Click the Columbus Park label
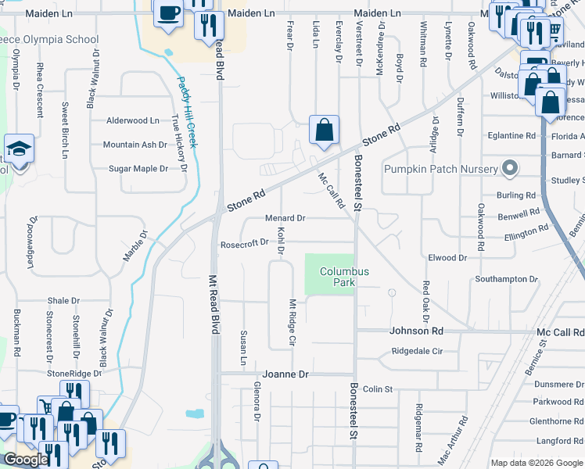pyautogui.click(x=344, y=277)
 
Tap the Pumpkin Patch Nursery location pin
pyautogui.click(x=511, y=168)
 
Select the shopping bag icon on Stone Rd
pyautogui.click(x=324, y=130)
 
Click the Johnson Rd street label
pyautogui.click(x=416, y=331)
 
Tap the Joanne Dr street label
pyautogui.click(x=286, y=374)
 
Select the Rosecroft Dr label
pyautogui.click(x=244, y=242)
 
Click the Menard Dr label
pyautogui.click(x=285, y=218)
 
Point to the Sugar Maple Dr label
pyautogui.click(x=138, y=169)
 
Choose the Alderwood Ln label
pyautogui.click(x=133, y=120)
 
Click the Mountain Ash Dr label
pyautogui.click(x=135, y=145)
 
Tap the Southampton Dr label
pyautogui.click(x=507, y=279)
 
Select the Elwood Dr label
pyautogui.click(x=447, y=257)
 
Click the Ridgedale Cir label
pyautogui.click(x=417, y=352)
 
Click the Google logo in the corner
pyautogui.click(x=26, y=460)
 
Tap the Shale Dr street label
pyautogui.click(x=63, y=300)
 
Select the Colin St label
pyautogui.click(x=376, y=388)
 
